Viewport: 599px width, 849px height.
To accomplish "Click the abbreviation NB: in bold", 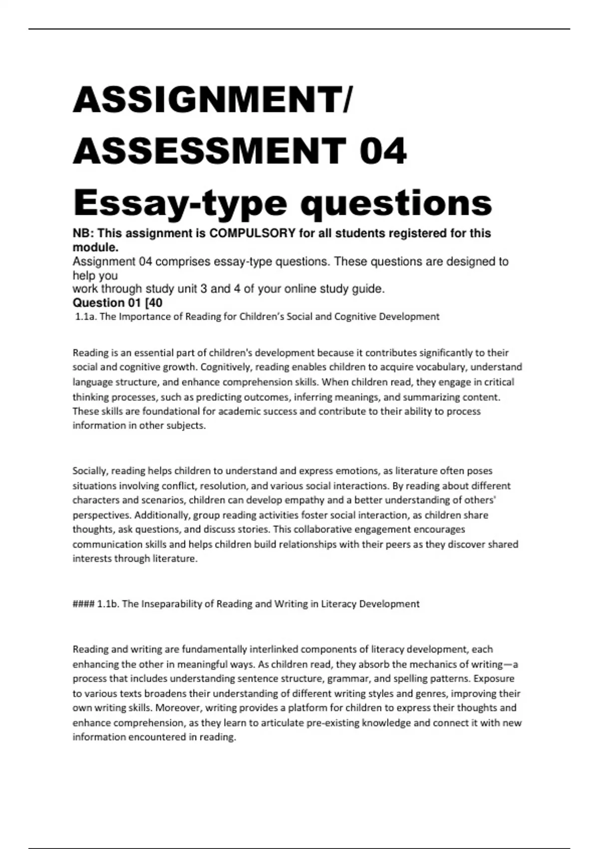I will pos(83,233).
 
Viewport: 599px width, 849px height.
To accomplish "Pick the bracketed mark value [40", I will pos(152,303).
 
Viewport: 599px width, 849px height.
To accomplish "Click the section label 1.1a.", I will pos(85,317).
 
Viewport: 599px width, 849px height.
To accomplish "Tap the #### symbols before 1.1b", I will pos(83,604).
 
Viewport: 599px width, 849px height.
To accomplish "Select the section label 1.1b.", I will pos(108,604).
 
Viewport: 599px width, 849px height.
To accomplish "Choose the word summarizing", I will pos(425,398).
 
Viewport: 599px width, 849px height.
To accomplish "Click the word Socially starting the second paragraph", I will pos(90,471).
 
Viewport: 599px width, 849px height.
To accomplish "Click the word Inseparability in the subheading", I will pos(171,604).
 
